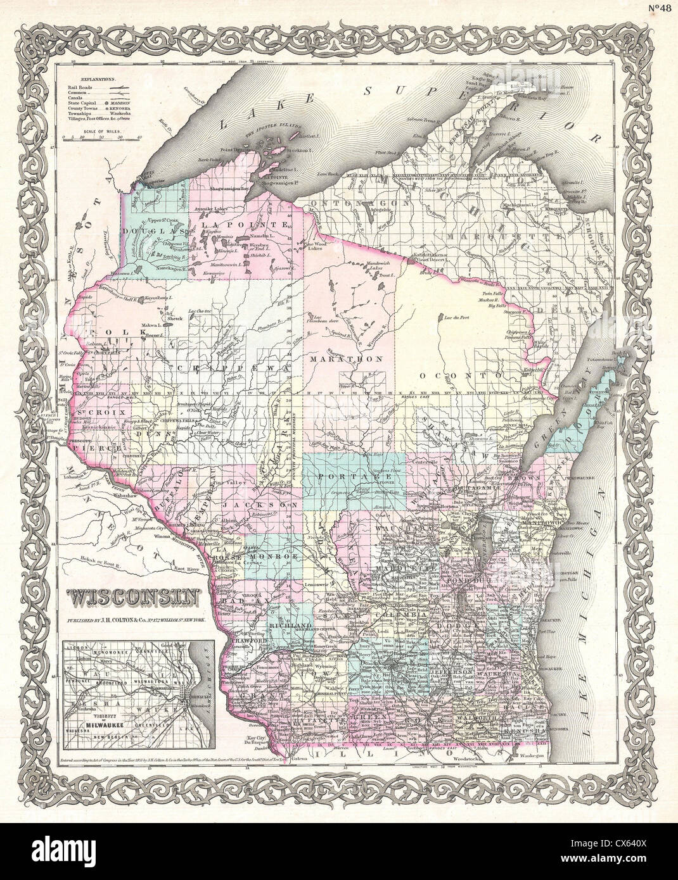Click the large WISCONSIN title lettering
click(x=133, y=596)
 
